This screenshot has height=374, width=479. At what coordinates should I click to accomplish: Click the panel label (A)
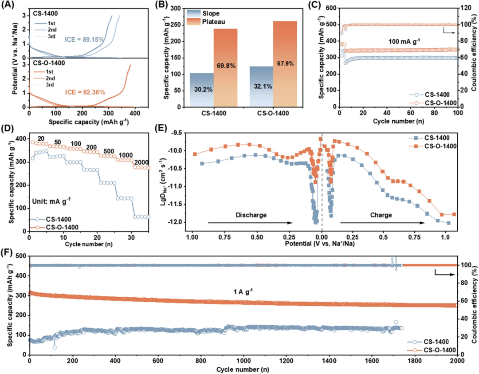point(8,5)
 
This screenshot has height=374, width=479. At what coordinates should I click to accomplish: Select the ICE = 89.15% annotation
point(84,40)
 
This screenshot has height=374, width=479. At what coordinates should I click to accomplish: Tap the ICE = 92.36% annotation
point(85,92)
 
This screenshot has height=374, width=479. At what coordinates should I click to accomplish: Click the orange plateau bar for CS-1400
point(225,68)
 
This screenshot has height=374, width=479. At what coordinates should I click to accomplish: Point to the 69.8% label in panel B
point(226,66)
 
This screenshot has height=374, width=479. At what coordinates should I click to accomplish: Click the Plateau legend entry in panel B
point(206,22)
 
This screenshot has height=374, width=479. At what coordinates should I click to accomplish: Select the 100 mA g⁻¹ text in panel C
point(404,41)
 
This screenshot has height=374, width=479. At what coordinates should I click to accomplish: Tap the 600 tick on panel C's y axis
point(331,8)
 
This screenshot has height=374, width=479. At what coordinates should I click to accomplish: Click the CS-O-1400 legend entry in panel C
point(433,103)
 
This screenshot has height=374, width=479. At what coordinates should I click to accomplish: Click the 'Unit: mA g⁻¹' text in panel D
point(51,201)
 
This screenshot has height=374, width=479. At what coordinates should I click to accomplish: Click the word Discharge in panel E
point(251,215)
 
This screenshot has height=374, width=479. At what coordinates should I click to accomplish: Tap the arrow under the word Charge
point(382,223)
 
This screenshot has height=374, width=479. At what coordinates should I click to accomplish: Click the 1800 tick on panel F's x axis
point(415,361)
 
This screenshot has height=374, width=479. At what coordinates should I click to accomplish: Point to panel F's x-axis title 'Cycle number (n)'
point(243,370)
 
